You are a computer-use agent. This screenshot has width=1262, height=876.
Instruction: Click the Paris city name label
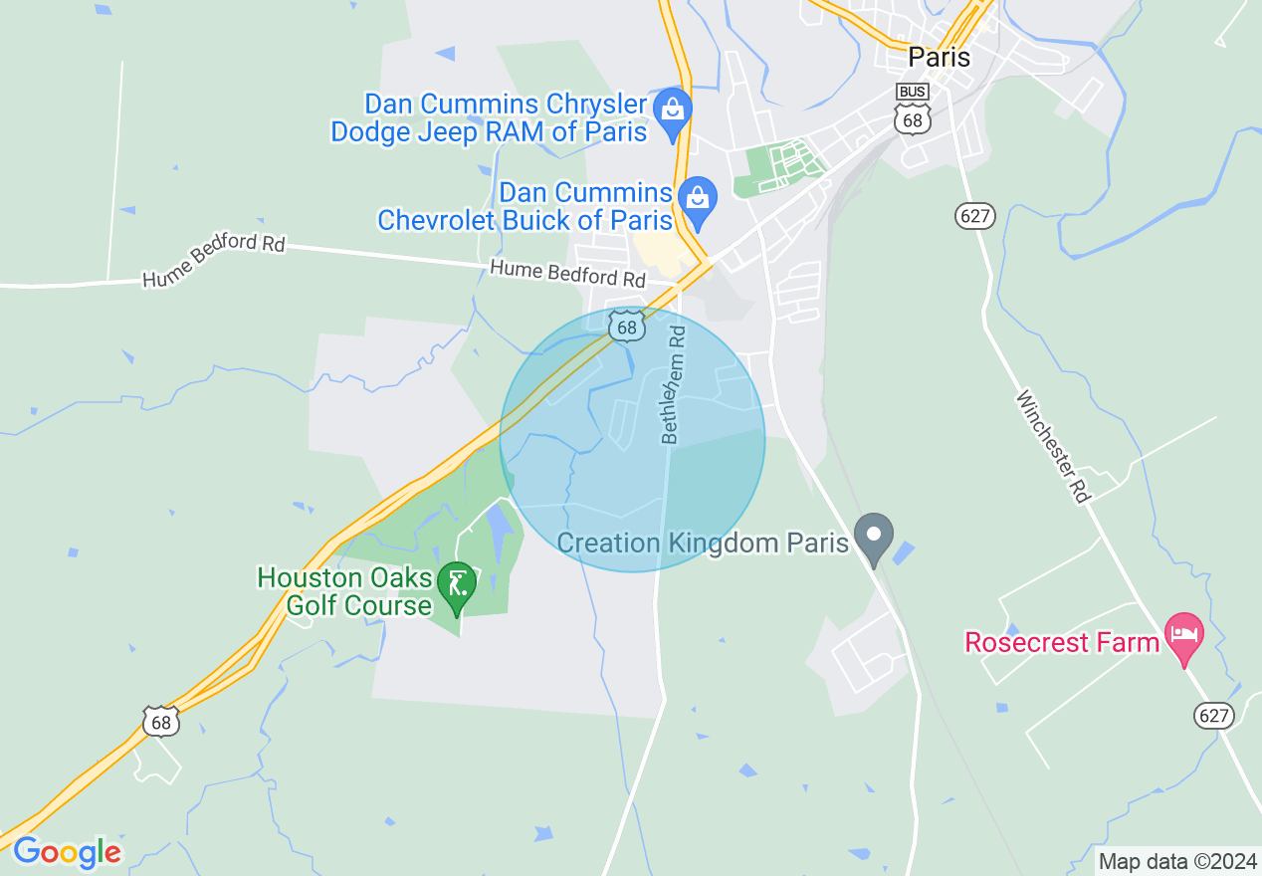point(939,58)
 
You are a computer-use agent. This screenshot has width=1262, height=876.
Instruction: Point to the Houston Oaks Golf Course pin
point(458,584)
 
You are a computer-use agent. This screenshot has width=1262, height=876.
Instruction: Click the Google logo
point(67,852)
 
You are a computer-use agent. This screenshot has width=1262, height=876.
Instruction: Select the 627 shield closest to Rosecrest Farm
point(1214,715)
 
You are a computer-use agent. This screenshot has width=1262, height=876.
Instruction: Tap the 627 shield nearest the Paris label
point(974,216)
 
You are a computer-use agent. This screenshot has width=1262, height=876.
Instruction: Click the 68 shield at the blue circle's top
point(625,327)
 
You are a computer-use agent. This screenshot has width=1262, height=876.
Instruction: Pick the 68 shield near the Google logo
point(161,722)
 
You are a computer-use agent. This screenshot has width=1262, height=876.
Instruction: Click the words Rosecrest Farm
point(1062,642)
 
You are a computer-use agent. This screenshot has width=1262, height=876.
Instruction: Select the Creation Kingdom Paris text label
point(703,543)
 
